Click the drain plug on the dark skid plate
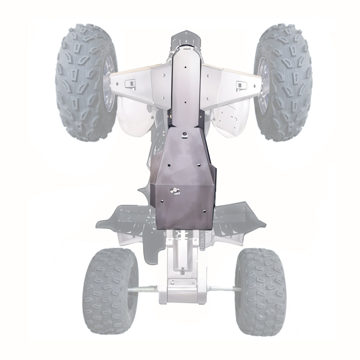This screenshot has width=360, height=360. point(175,191)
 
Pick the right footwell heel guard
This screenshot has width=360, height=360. point(240,215)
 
